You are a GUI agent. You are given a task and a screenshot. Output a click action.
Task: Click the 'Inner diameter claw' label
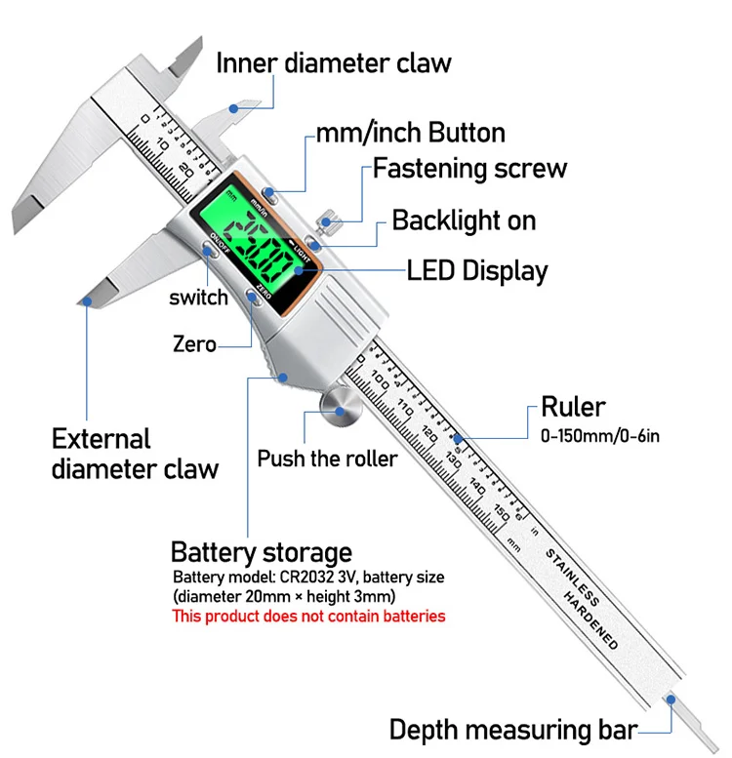click(334, 63)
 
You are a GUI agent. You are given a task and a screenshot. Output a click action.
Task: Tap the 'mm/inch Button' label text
click(410, 133)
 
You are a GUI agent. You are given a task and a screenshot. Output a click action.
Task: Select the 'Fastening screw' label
click(469, 168)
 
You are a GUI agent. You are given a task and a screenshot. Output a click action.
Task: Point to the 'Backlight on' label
click(464, 220)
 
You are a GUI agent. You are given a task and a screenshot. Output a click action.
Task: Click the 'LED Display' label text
click(477, 270)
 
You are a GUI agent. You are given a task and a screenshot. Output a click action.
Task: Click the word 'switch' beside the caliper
click(198, 298)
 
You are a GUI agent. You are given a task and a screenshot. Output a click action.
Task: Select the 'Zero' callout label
click(194, 343)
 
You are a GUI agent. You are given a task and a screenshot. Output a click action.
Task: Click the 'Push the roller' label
click(327, 458)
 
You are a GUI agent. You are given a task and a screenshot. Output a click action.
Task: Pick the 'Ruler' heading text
click(574, 407)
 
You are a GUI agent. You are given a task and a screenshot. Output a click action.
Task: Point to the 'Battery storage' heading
click(261, 552)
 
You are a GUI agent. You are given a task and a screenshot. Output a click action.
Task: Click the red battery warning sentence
click(308, 617)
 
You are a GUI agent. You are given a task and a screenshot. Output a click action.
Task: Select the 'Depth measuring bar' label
click(513, 730)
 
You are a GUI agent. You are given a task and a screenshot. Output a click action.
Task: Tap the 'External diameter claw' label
click(135, 454)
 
